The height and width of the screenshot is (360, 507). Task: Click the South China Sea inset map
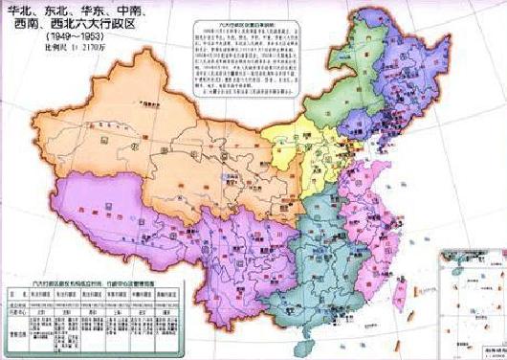coord(469,292)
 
